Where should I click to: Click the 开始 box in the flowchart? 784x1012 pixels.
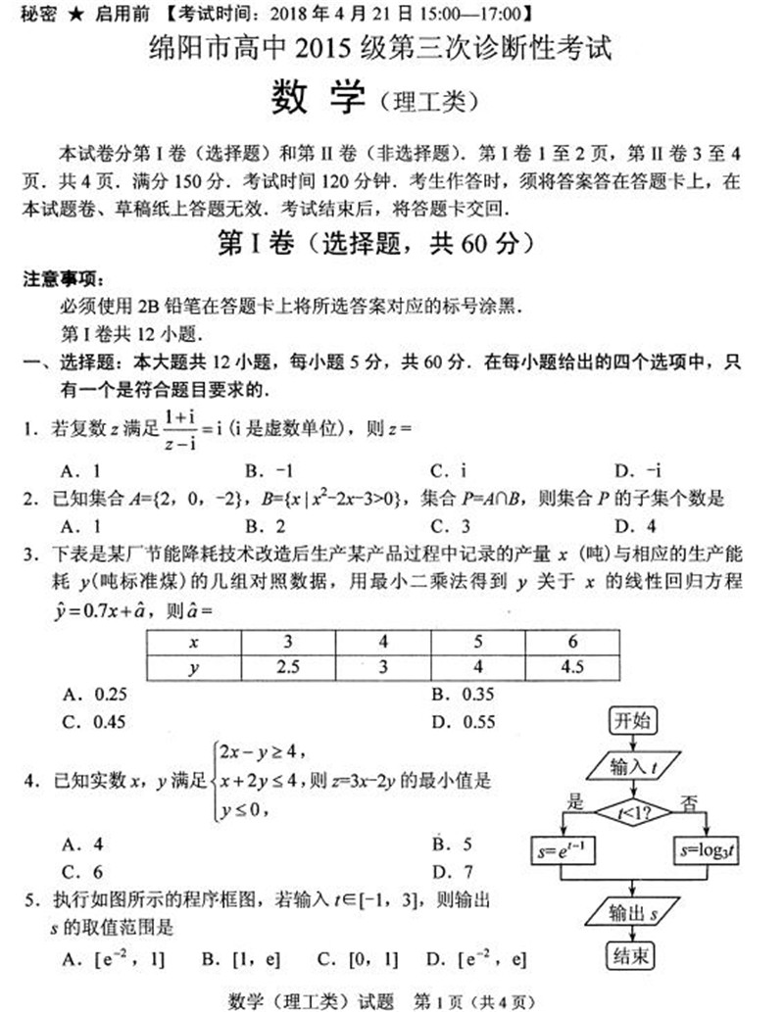tap(632, 720)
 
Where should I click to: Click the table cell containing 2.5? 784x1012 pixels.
tap(287, 667)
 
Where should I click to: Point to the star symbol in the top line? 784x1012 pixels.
tap(70, 13)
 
